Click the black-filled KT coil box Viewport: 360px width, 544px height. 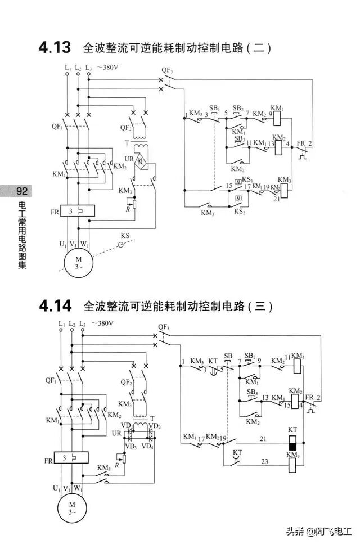coord(292,446)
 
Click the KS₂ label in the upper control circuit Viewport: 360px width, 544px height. coord(240,212)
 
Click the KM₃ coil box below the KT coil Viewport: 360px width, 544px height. coord(292,465)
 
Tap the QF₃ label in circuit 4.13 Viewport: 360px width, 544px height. coord(167,70)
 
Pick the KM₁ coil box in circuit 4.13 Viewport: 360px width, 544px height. coord(276,117)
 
